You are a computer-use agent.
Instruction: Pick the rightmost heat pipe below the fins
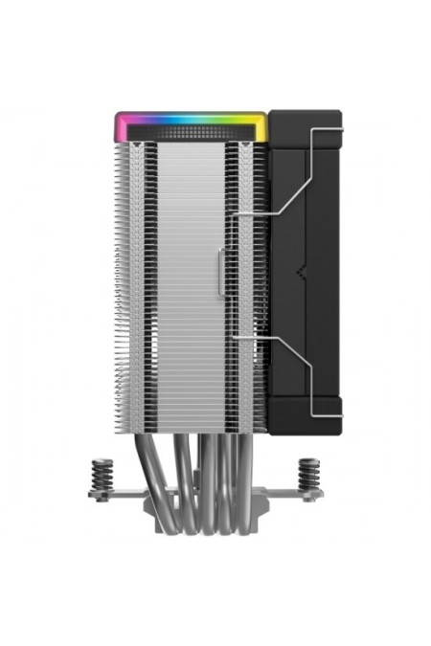pyautogui.click(x=237, y=469)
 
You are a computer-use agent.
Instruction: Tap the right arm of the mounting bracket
pyautogui.click(x=287, y=493)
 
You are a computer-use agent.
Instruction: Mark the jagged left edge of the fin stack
pyautogui.click(x=119, y=287)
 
